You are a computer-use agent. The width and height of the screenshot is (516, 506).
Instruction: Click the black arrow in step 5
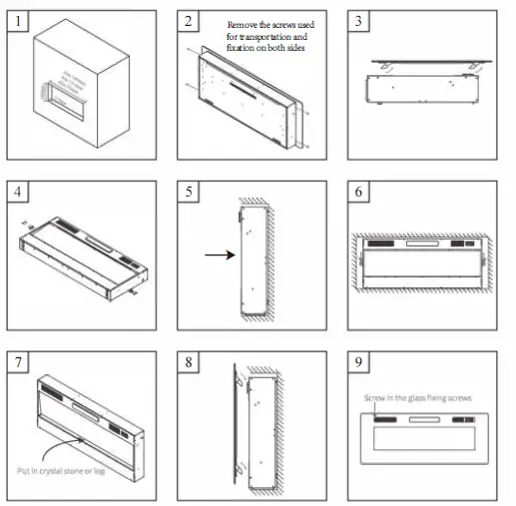(217, 255)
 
